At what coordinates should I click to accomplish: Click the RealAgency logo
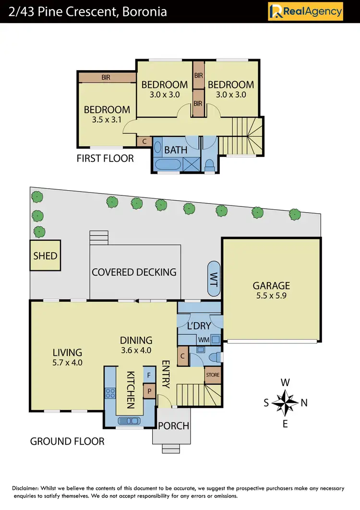click(x=305, y=11)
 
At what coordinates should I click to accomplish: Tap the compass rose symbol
click(x=285, y=402)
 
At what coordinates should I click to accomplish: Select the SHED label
click(x=45, y=255)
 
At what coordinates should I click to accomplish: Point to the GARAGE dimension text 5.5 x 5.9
click(x=271, y=296)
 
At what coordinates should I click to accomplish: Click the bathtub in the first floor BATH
click(x=167, y=164)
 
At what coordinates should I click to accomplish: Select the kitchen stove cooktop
click(x=109, y=394)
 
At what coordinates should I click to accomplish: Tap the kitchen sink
click(x=129, y=420)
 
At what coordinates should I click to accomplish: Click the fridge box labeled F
click(x=149, y=375)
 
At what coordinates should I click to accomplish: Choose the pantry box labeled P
click(x=149, y=391)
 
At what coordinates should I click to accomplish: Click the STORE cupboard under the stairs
click(x=213, y=375)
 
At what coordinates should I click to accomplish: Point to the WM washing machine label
click(x=204, y=340)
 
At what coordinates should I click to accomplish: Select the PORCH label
click(x=173, y=425)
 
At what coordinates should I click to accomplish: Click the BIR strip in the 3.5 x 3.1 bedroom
click(x=107, y=77)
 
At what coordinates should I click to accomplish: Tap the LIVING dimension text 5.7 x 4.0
click(x=68, y=363)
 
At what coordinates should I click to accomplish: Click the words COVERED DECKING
click(x=134, y=272)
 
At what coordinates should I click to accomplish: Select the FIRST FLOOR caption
click(x=105, y=158)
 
